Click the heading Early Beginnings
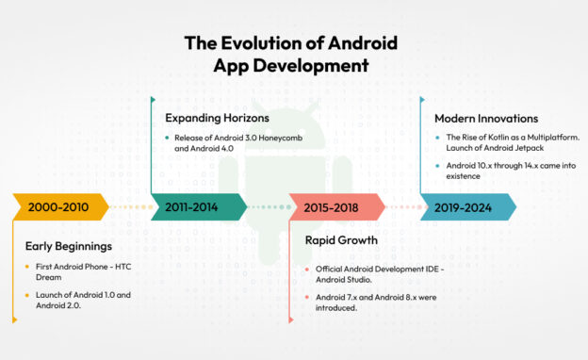pyautogui.click(x=69, y=247)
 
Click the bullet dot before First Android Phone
pyautogui.click(x=25, y=268)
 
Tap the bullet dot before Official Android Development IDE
pyautogui.click(x=307, y=270)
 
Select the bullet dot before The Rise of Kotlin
pyautogui.click(x=437, y=139)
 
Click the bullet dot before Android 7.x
pyautogui.click(x=307, y=297)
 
